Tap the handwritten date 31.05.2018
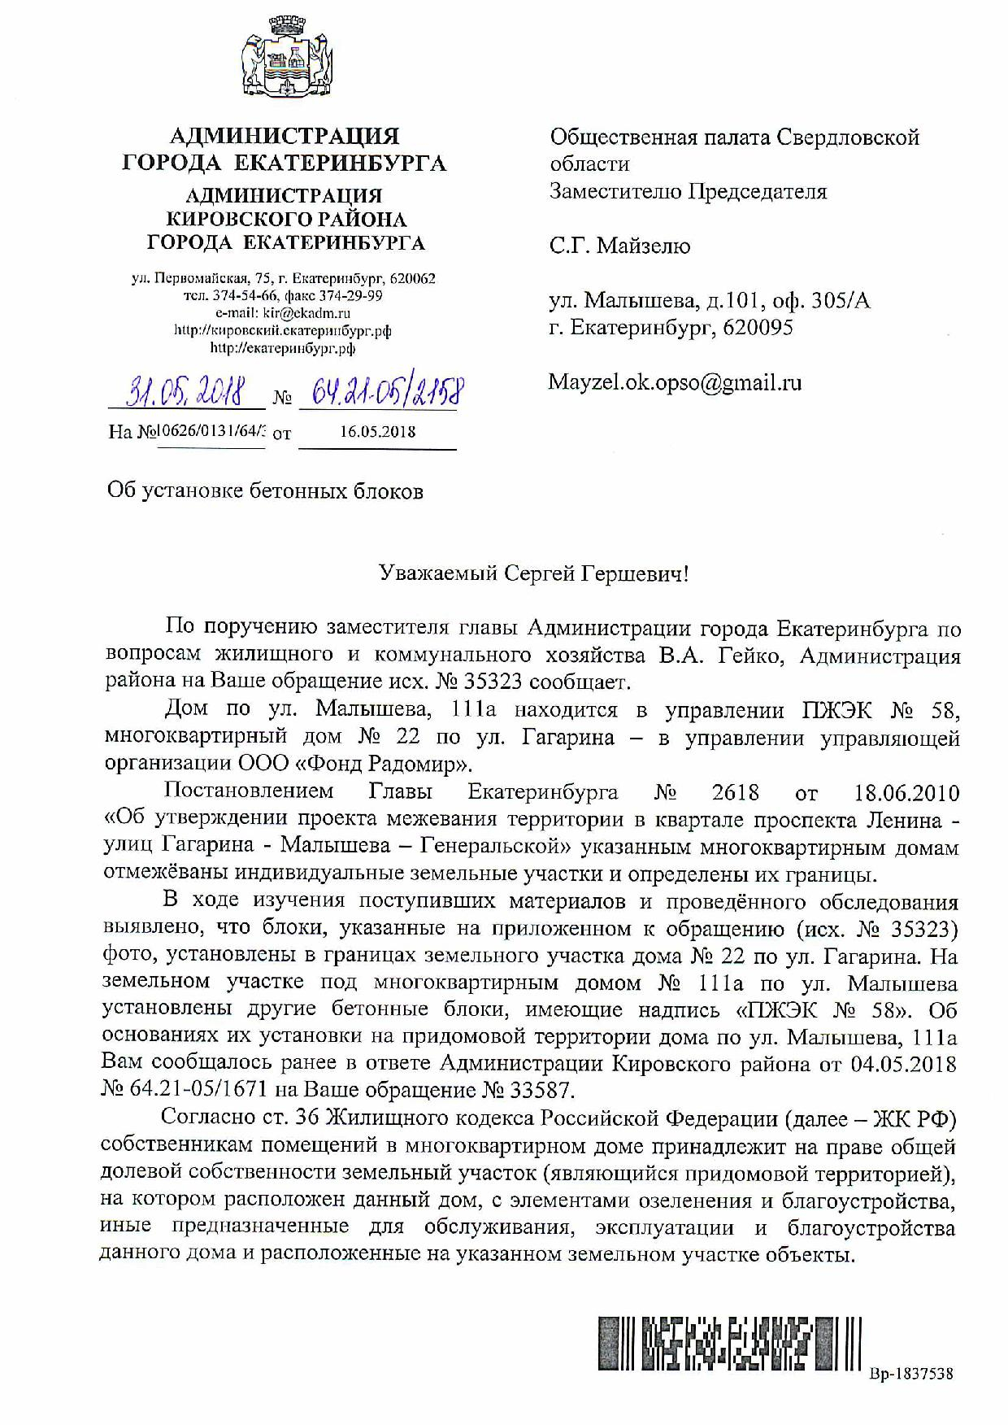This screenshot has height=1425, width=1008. [x=186, y=394]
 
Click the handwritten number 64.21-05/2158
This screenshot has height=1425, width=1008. [x=380, y=394]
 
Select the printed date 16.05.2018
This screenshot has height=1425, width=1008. [x=377, y=431]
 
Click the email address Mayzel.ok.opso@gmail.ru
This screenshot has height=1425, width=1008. [x=675, y=382]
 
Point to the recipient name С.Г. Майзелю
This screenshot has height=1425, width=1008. [x=619, y=246]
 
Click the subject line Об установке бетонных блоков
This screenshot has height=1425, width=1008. [x=266, y=491]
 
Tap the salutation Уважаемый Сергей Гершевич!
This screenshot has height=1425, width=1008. [x=534, y=574]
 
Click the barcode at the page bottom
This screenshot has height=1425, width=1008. [x=729, y=1343]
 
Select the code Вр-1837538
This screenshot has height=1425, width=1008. [x=910, y=1374]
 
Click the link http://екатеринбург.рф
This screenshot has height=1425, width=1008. [x=283, y=348]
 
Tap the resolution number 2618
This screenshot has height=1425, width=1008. [x=734, y=792]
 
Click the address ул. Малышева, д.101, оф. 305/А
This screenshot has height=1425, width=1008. [x=710, y=301]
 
